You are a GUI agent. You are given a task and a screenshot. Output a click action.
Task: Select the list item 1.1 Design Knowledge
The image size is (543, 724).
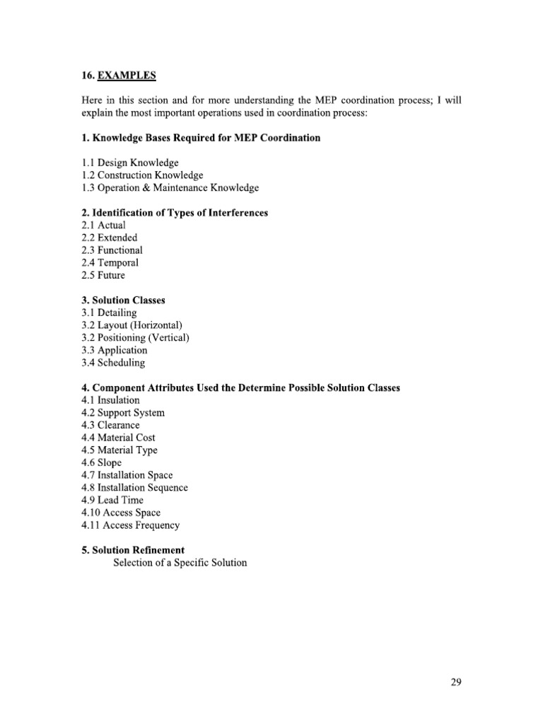(130, 163)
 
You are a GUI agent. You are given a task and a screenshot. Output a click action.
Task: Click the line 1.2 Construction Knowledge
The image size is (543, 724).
(142, 175)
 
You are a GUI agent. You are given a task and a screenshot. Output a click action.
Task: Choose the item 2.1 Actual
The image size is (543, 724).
(104, 225)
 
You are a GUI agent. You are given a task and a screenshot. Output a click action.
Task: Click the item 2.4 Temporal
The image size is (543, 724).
(110, 263)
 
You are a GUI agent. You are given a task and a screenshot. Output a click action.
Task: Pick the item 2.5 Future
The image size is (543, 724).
(103, 276)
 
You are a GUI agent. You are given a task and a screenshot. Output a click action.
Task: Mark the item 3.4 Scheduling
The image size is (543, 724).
(113, 363)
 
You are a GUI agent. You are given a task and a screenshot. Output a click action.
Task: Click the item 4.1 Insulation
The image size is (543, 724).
(111, 400)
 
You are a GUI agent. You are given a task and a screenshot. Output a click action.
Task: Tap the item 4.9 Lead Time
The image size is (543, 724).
(112, 500)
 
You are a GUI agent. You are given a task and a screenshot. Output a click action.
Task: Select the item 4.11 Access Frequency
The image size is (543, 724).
(131, 525)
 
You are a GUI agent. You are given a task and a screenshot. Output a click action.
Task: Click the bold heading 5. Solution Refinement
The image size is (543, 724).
(134, 550)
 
